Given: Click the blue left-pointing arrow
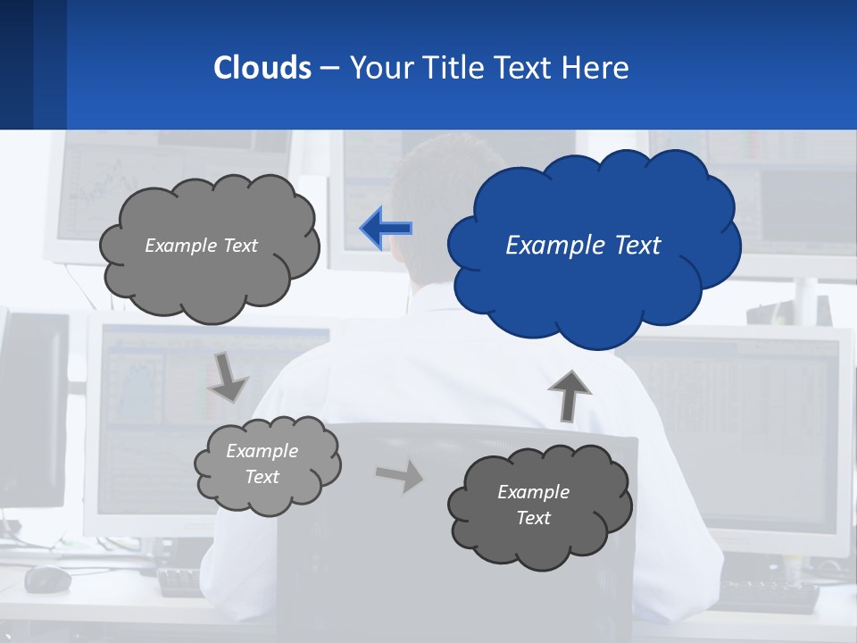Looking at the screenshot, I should coord(386,228).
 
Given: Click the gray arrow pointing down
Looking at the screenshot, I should coord(229,377).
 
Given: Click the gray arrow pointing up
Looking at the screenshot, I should coord(568,394).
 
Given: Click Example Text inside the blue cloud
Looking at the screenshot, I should coord(583,246).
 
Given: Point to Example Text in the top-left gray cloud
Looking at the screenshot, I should coord(201,246).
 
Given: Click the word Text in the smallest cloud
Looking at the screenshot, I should coord(262,477).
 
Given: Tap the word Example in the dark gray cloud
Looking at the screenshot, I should coord(533,492).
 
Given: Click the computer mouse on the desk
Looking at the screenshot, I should coord(47,579).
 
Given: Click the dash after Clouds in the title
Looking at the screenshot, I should coord(329,69).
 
